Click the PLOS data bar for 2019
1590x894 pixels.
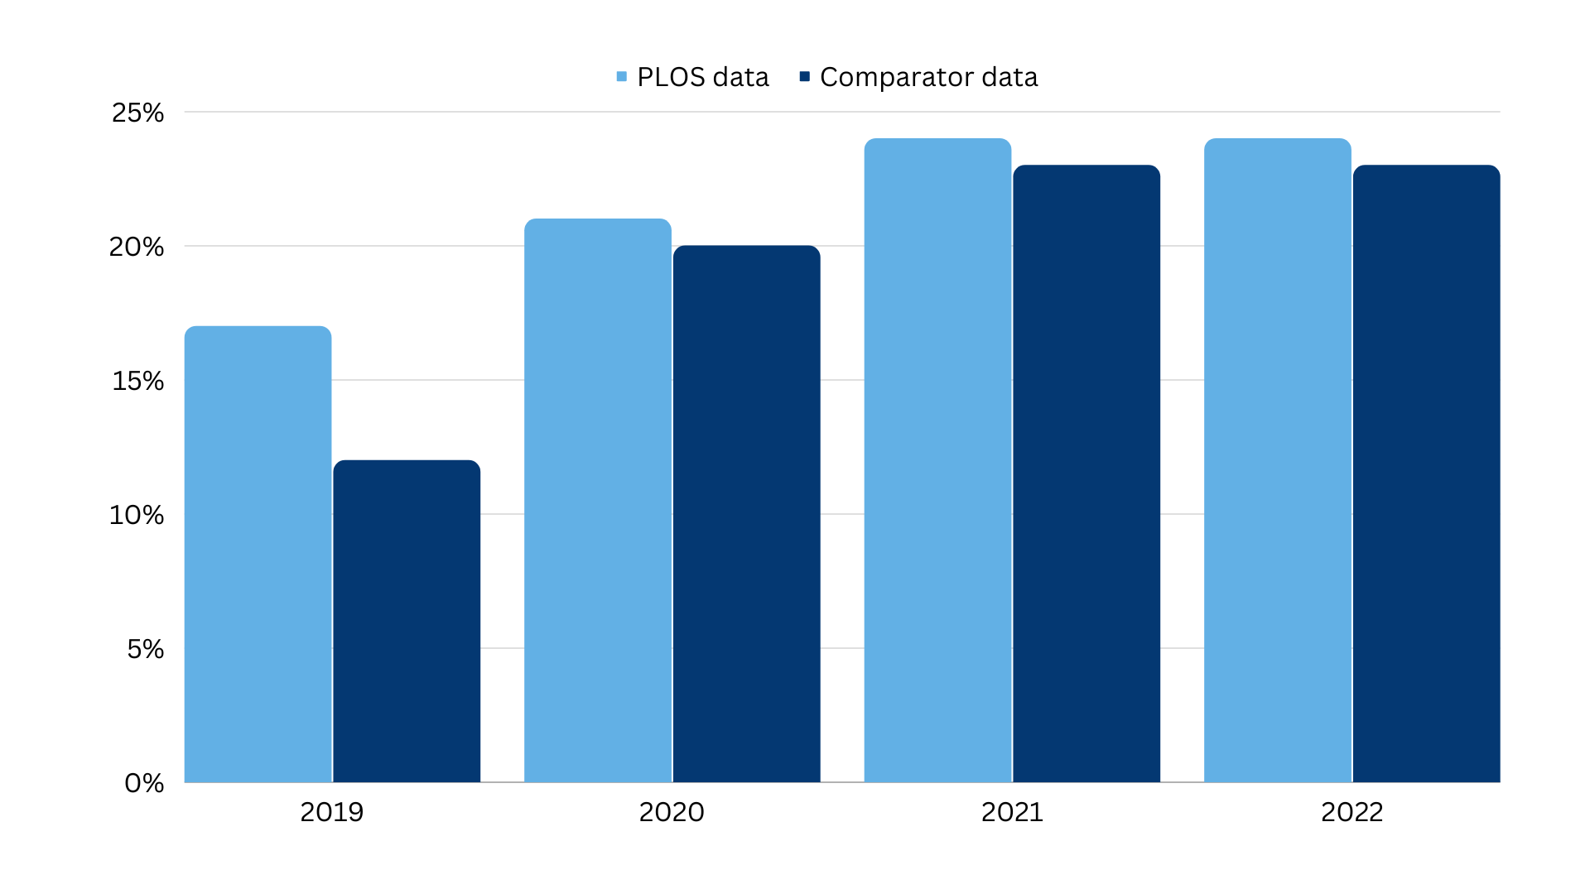(258, 554)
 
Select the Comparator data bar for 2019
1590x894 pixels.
(407, 621)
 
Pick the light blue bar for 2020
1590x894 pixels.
(598, 500)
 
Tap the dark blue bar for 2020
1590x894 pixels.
(747, 514)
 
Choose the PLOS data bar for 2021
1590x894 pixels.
(937, 460)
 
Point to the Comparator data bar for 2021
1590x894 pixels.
(1086, 473)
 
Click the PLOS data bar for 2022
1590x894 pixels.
(1278, 460)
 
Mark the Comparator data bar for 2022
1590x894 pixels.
(1427, 473)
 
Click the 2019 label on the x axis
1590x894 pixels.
(332, 812)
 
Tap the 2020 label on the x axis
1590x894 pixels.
(672, 812)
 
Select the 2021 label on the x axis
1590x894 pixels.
(1012, 812)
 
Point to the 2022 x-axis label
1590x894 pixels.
(1352, 812)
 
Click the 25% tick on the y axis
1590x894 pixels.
(138, 113)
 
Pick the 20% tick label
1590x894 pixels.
(137, 247)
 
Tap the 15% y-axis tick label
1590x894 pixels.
(138, 381)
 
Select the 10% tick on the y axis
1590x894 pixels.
(137, 515)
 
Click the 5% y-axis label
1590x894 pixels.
(146, 649)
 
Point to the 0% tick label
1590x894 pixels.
(144, 783)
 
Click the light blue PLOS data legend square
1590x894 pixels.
(622, 77)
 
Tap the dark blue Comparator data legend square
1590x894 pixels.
(804, 77)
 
